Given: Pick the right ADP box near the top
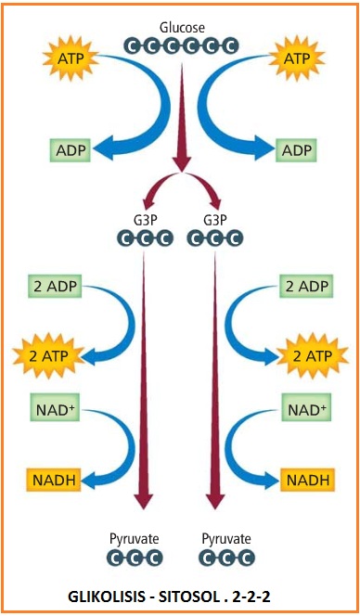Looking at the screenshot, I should tap(297, 149).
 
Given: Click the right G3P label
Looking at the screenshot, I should tap(214, 220).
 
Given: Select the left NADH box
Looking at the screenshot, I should tap(52, 480).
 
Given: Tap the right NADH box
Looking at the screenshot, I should tap(307, 480).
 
